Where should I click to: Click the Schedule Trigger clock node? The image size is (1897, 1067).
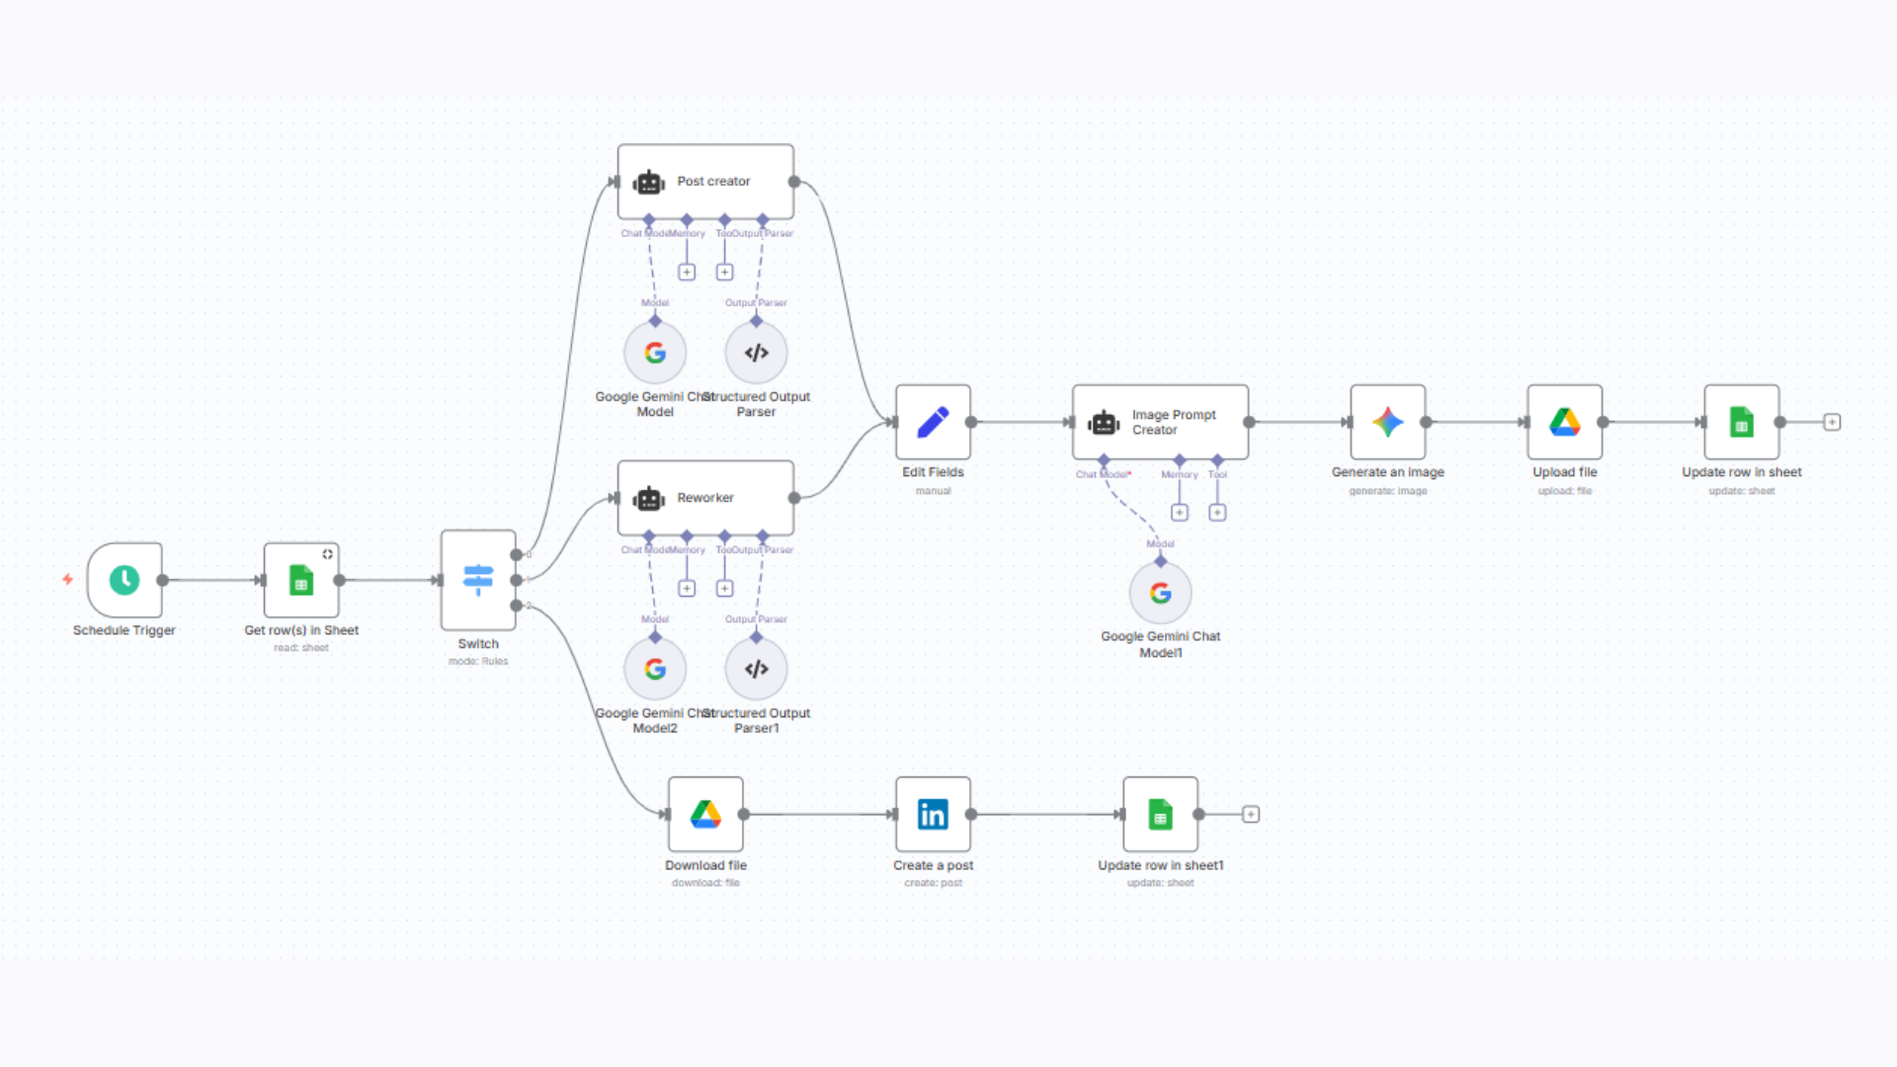[124, 580]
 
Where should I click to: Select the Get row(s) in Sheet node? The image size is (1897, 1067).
[301, 580]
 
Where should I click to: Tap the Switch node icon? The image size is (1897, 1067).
[478, 580]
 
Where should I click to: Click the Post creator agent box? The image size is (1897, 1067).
[705, 182]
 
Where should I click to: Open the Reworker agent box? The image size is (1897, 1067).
[705, 498]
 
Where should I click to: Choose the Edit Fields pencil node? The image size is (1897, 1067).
[933, 422]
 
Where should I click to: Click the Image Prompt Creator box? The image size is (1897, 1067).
[1160, 422]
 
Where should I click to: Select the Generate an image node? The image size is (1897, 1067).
[1387, 422]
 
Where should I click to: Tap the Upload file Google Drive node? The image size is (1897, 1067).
[1564, 422]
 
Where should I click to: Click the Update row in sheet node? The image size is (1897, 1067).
[1741, 422]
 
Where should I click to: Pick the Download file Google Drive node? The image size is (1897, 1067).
[705, 814]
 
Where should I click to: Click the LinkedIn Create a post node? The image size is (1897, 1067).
[933, 814]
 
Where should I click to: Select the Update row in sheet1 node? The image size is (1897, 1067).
[1160, 814]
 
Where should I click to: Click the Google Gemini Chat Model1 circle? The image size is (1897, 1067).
[1160, 593]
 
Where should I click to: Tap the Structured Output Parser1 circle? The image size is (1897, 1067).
[756, 669]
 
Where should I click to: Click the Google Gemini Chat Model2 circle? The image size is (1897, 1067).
[655, 669]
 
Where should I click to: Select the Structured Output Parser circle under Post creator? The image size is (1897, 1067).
[756, 353]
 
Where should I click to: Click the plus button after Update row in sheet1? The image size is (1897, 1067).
[1251, 814]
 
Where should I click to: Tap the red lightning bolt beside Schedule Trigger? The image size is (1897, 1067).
[67, 579]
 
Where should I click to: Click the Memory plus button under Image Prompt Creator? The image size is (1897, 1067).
[1179, 513]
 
